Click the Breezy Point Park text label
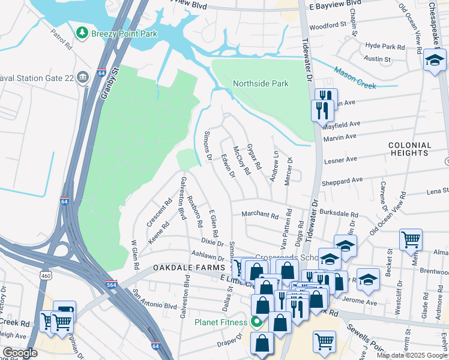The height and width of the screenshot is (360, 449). tap(124, 34)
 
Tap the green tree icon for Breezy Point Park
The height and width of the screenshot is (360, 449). tap(83, 33)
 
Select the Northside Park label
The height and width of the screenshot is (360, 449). tap(261, 83)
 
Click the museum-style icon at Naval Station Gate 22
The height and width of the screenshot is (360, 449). tap(83, 76)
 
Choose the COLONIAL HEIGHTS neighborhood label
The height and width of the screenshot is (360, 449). tap(409, 149)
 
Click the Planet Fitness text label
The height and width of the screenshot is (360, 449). tap(220, 322)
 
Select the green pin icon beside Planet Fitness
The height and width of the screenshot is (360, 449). tap(257, 322)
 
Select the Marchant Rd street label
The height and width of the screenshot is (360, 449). tap(260, 215)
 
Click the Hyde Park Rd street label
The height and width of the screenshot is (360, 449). tap(385, 46)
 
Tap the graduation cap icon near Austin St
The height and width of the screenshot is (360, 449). tap(435, 60)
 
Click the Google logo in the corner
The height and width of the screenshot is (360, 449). tap(20, 353)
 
